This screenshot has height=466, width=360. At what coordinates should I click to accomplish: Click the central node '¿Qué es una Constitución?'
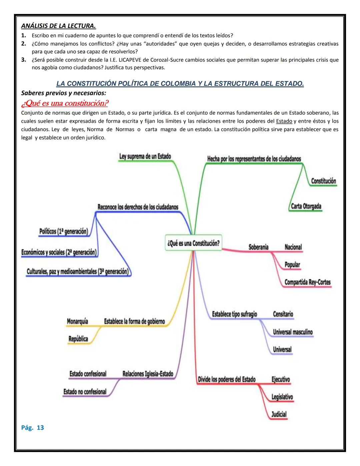(x=193, y=243)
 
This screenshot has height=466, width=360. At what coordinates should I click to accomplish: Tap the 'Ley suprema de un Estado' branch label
(x=145, y=156)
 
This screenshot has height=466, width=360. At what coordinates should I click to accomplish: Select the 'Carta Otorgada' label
(x=306, y=206)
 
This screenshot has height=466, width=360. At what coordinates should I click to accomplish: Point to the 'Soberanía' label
(x=258, y=247)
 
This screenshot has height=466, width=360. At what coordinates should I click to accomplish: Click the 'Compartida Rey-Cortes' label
(x=307, y=282)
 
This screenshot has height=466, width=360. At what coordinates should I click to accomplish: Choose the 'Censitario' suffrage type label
(x=283, y=314)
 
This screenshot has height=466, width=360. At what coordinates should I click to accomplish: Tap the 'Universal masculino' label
(x=293, y=332)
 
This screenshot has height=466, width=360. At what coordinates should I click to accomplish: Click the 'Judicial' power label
(x=279, y=414)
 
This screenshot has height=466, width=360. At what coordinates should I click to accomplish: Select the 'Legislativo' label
(x=282, y=397)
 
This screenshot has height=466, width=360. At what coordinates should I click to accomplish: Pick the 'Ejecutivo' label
(x=281, y=379)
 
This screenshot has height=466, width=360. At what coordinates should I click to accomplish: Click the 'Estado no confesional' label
(x=85, y=392)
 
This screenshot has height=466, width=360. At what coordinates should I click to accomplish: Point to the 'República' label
(x=78, y=339)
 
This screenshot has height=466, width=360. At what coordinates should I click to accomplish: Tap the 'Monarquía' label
(x=77, y=321)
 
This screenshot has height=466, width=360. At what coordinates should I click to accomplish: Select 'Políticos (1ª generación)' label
(x=64, y=231)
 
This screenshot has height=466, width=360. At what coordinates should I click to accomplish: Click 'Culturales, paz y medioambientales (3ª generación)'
(x=78, y=272)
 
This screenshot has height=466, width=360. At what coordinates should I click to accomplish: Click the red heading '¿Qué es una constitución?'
(x=65, y=103)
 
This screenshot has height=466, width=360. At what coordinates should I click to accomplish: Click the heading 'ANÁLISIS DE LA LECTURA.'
(x=59, y=26)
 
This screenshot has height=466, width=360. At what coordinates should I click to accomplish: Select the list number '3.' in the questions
(x=24, y=60)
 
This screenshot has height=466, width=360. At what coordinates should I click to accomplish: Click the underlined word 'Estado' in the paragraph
(x=284, y=121)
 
